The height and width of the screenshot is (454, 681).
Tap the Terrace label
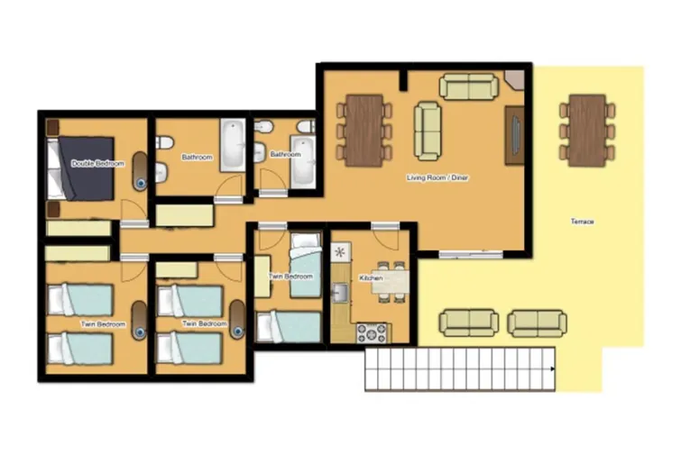pyautogui.click(x=581, y=221)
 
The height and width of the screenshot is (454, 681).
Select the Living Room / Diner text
pyautogui.click(x=437, y=177)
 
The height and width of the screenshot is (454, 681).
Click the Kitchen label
pyautogui.click(x=372, y=278)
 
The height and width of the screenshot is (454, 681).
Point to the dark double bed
pyautogui.click(x=83, y=168)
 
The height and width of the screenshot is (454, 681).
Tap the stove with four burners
pyautogui.click(x=372, y=331)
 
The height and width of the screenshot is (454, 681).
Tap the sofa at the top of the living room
pyautogui.click(x=468, y=86)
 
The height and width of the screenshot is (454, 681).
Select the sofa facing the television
pyautogui.click(x=427, y=131)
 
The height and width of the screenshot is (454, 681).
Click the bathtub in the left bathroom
pyautogui.click(x=233, y=146)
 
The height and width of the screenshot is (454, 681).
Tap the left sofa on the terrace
pyautogui.click(x=468, y=322)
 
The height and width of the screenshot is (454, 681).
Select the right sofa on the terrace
pyautogui.click(x=537, y=322)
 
